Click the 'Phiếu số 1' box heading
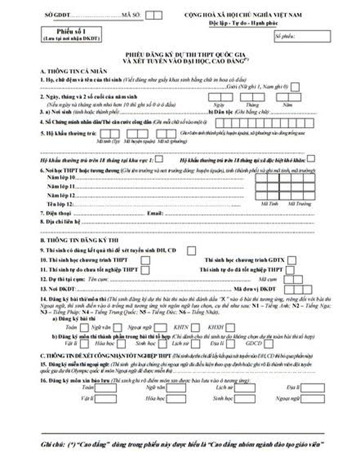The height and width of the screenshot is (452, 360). (x=70, y=31)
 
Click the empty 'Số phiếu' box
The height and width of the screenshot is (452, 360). (x=302, y=36)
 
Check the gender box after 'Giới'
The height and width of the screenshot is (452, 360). (x=294, y=87)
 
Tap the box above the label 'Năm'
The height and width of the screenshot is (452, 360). (x=288, y=97)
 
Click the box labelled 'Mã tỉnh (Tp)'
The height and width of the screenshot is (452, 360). (x=109, y=134)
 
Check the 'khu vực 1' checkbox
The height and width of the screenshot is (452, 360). (x=159, y=159)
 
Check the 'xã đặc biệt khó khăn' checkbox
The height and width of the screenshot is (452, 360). (x=311, y=159)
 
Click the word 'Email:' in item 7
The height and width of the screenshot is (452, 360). (x=155, y=214)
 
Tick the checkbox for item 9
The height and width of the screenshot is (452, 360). (x=191, y=250)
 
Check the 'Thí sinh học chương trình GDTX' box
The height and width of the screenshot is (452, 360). (x=291, y=261)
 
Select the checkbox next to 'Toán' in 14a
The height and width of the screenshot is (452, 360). (x=84, y=327)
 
